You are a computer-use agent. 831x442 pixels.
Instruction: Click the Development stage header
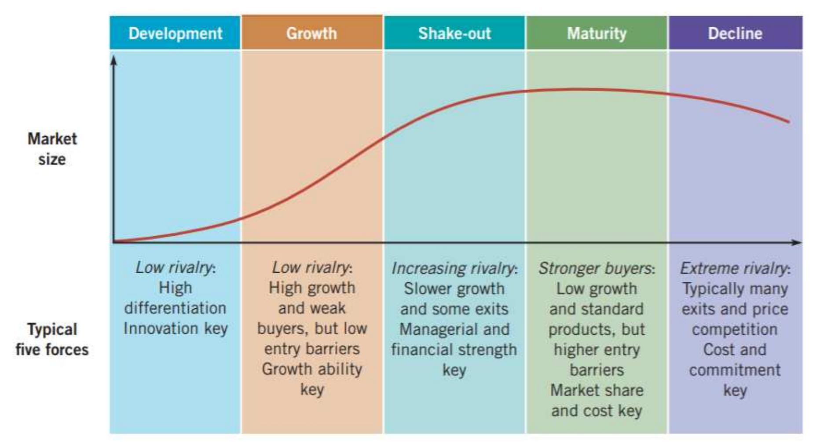click(x=175, y=33)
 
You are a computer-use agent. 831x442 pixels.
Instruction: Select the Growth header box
click(x=311, y=33)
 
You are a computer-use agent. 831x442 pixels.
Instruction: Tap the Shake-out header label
click(x=454, y=33)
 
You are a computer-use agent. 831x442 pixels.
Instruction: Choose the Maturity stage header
click(x=597, y=33)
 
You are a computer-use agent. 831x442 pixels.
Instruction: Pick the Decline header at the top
click(x=735, y=33)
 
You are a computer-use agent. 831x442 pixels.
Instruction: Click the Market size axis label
click(x=52, y=149)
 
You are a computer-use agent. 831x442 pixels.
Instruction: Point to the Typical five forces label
click(x=52, y=339)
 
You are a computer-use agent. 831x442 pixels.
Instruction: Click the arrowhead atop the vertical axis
click(x=113, y=60)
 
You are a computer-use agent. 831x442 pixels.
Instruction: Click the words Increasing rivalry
click(x=453, y=268)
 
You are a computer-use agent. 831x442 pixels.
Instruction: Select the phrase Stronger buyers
click(x=595, y=268)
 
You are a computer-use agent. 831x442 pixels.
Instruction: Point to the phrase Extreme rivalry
click(x=733, y=268)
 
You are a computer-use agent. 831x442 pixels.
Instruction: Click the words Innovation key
click(x=176, y=329)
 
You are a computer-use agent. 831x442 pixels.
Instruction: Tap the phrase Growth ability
click(x=312, y=369)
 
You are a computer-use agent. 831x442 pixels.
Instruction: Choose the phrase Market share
click(x=597, y=390)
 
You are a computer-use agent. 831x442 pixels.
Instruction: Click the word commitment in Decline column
click(x=735, y=370)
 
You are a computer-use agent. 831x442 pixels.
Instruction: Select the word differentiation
click(x=175, y=308)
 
